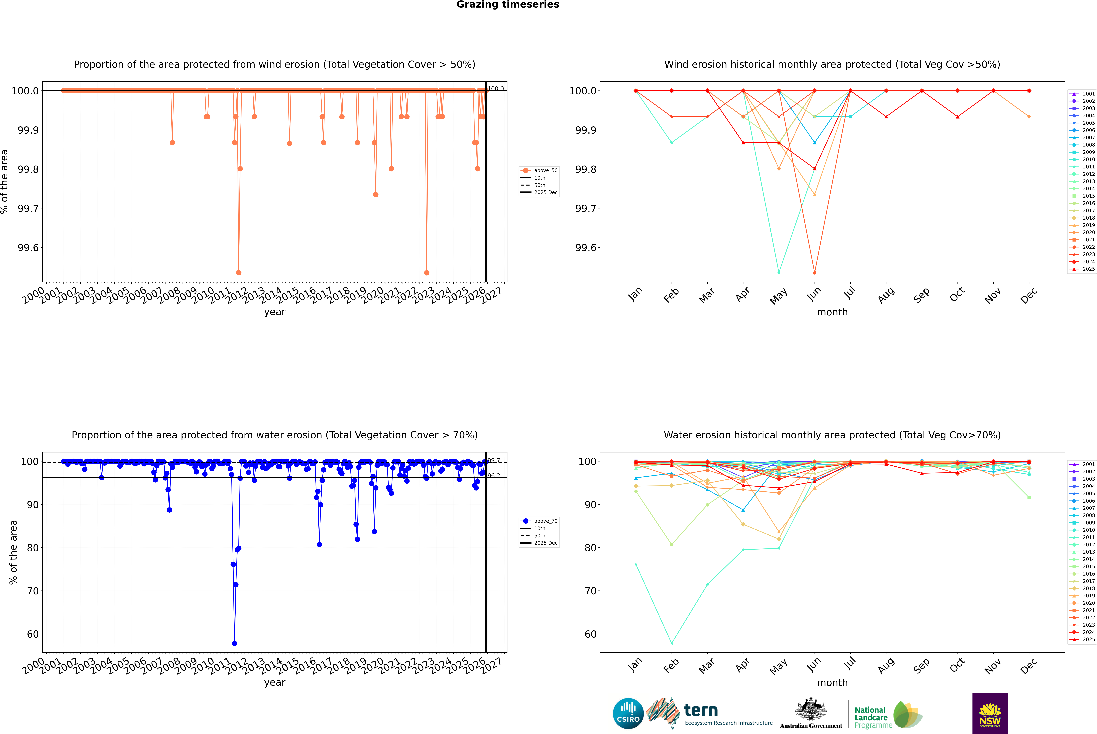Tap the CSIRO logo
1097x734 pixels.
tap(628, 713)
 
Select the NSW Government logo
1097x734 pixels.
tap(990, 713)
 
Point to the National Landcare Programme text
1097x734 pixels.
tap(871, 717)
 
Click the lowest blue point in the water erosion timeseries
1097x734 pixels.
tap(234, 643)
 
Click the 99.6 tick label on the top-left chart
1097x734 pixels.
tap(28, 248)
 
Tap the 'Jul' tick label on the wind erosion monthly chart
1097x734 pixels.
tap(850, 293)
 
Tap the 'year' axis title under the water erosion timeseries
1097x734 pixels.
tap(274, 683)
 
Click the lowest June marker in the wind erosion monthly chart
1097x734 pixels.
tap(815, 272)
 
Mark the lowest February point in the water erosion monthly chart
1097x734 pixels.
tap(671, 643)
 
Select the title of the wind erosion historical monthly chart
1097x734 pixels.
tap(832, 65)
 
